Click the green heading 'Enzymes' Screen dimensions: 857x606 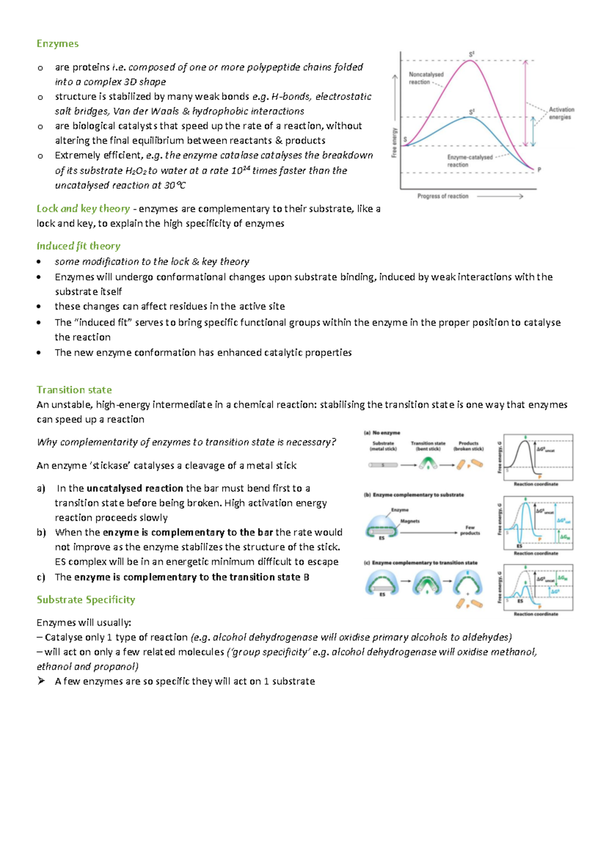pyautogui.click(x=57, y=43)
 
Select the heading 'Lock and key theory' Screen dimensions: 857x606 pyautogui.click(x=83, y=209)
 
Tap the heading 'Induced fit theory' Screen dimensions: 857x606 pyautogui.click(x=78, y=246)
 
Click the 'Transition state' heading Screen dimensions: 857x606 pyautogui.click(x=74, y=389)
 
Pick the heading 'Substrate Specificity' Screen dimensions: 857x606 pyautogui.click(x=85, y=599)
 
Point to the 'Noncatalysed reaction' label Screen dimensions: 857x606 pyautogui.click(x=426, y=78)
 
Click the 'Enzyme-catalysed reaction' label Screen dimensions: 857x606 pyautogui.click(x=469, y=161)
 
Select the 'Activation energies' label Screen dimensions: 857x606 pyautogui.click(x=561, y=113)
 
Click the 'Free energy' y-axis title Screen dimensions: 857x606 pyautogui.click(x=394, y=142)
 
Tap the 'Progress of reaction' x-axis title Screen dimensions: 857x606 pyautogui.click(x=442, y=196)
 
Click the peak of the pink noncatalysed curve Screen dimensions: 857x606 pyautogui.click(x=471, y=61)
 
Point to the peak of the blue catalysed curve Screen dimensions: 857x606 pyautogui.click(x=470, y=117)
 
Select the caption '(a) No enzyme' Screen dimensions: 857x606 pyautogui.click(x=382, y=433)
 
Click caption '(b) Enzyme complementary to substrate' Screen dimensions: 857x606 pyautogui.click(x=414, y=495)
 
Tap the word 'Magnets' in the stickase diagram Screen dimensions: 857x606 pyautogui.click(x=410, y=521)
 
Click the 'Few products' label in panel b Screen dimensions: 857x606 pyautogui.click(x=470, y=530)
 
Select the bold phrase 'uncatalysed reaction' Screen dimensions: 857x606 pyautogui.click(x=134, y=488)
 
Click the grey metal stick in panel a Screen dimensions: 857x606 pyautogui.click(x=383, y=465)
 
